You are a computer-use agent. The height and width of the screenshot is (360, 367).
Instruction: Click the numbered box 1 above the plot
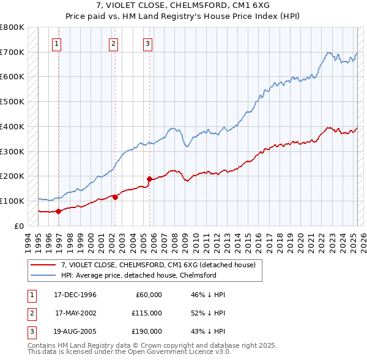[56, 43]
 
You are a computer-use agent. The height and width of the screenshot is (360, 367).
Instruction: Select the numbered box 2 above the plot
[114, 43]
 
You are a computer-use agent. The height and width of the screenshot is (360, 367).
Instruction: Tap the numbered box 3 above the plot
[148, 43]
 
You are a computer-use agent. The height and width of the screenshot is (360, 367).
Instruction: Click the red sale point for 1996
[58, 211]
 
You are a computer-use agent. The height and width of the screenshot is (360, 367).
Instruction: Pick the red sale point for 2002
[115, 197]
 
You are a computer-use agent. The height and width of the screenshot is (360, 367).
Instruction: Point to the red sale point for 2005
[149, 179]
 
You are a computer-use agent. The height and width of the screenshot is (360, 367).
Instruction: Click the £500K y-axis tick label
[12, 101]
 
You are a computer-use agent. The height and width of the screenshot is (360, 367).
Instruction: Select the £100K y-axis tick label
[12, 201]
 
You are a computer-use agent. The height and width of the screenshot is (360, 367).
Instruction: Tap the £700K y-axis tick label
[12, 52]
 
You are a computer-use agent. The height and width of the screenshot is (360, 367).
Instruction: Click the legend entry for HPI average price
[138, 275]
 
